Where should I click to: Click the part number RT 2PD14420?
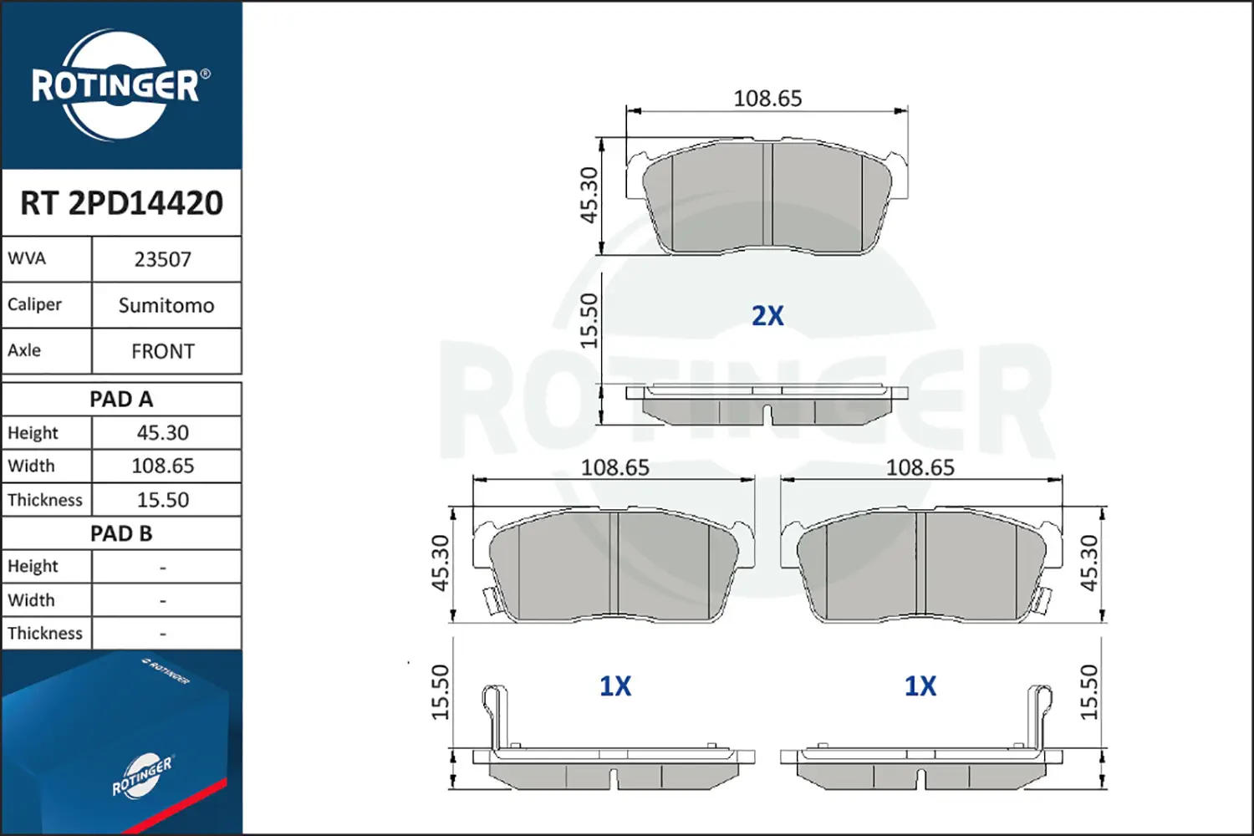pyautogui.click(x=121, y=202)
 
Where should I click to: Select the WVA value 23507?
pyautogui.click(x=162, y=260)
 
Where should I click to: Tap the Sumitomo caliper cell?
pyautogui.click(x=166, y=306)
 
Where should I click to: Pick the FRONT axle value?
pyautogui.click(x=163, y=352)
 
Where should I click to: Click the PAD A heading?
pyautogui.click(x=121, y=400)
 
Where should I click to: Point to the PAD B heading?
pyautogui.click(x=121, y=533)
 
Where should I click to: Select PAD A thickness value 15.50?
pyautogui.click(x=163, y=499)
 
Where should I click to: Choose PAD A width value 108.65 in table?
pyautogui.click(x=163, y=466)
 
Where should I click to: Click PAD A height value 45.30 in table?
pyautogui.click(x=163, y=433)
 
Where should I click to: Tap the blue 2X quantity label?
pyautogui.click(x=767, y=316)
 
